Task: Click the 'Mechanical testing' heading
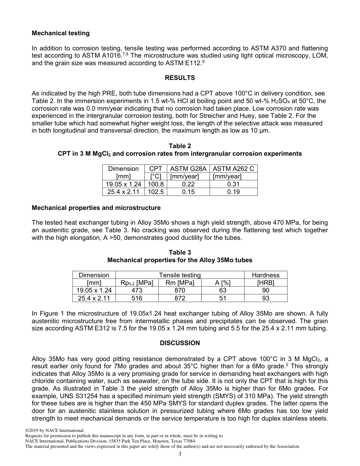61,33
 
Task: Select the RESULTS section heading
180,78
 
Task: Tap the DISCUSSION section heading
180,343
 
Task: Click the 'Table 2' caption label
180,146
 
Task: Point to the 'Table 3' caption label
180,253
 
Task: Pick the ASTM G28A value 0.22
188,184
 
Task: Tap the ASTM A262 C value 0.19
233,192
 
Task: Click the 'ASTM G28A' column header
188,169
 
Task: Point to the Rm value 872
180,298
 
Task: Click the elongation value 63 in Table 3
223,291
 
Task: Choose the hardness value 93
266,298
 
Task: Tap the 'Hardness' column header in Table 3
266,275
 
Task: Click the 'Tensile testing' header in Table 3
180,275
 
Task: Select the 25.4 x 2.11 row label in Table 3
94,298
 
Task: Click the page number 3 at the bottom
180,454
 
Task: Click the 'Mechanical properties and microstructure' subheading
96,208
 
